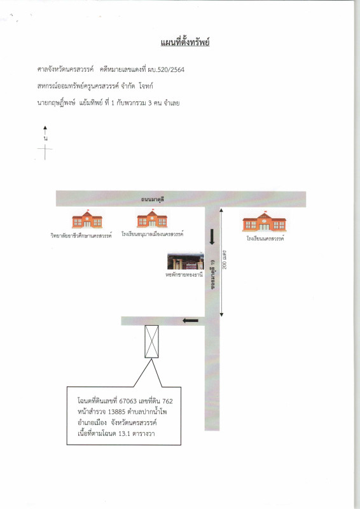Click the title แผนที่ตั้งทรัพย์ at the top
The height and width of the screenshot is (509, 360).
[x=185, y=43]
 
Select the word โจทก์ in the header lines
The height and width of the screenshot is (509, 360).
[x=156, y=85]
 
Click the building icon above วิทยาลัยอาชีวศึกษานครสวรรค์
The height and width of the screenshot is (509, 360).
[x=87, y=220]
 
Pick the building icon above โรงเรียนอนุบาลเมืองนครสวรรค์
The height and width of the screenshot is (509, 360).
[x=153, y=219]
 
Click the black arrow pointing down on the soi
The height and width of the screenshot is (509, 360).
[x=212, y=237]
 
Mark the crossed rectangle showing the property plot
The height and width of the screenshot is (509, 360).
[x=151, y=342]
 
